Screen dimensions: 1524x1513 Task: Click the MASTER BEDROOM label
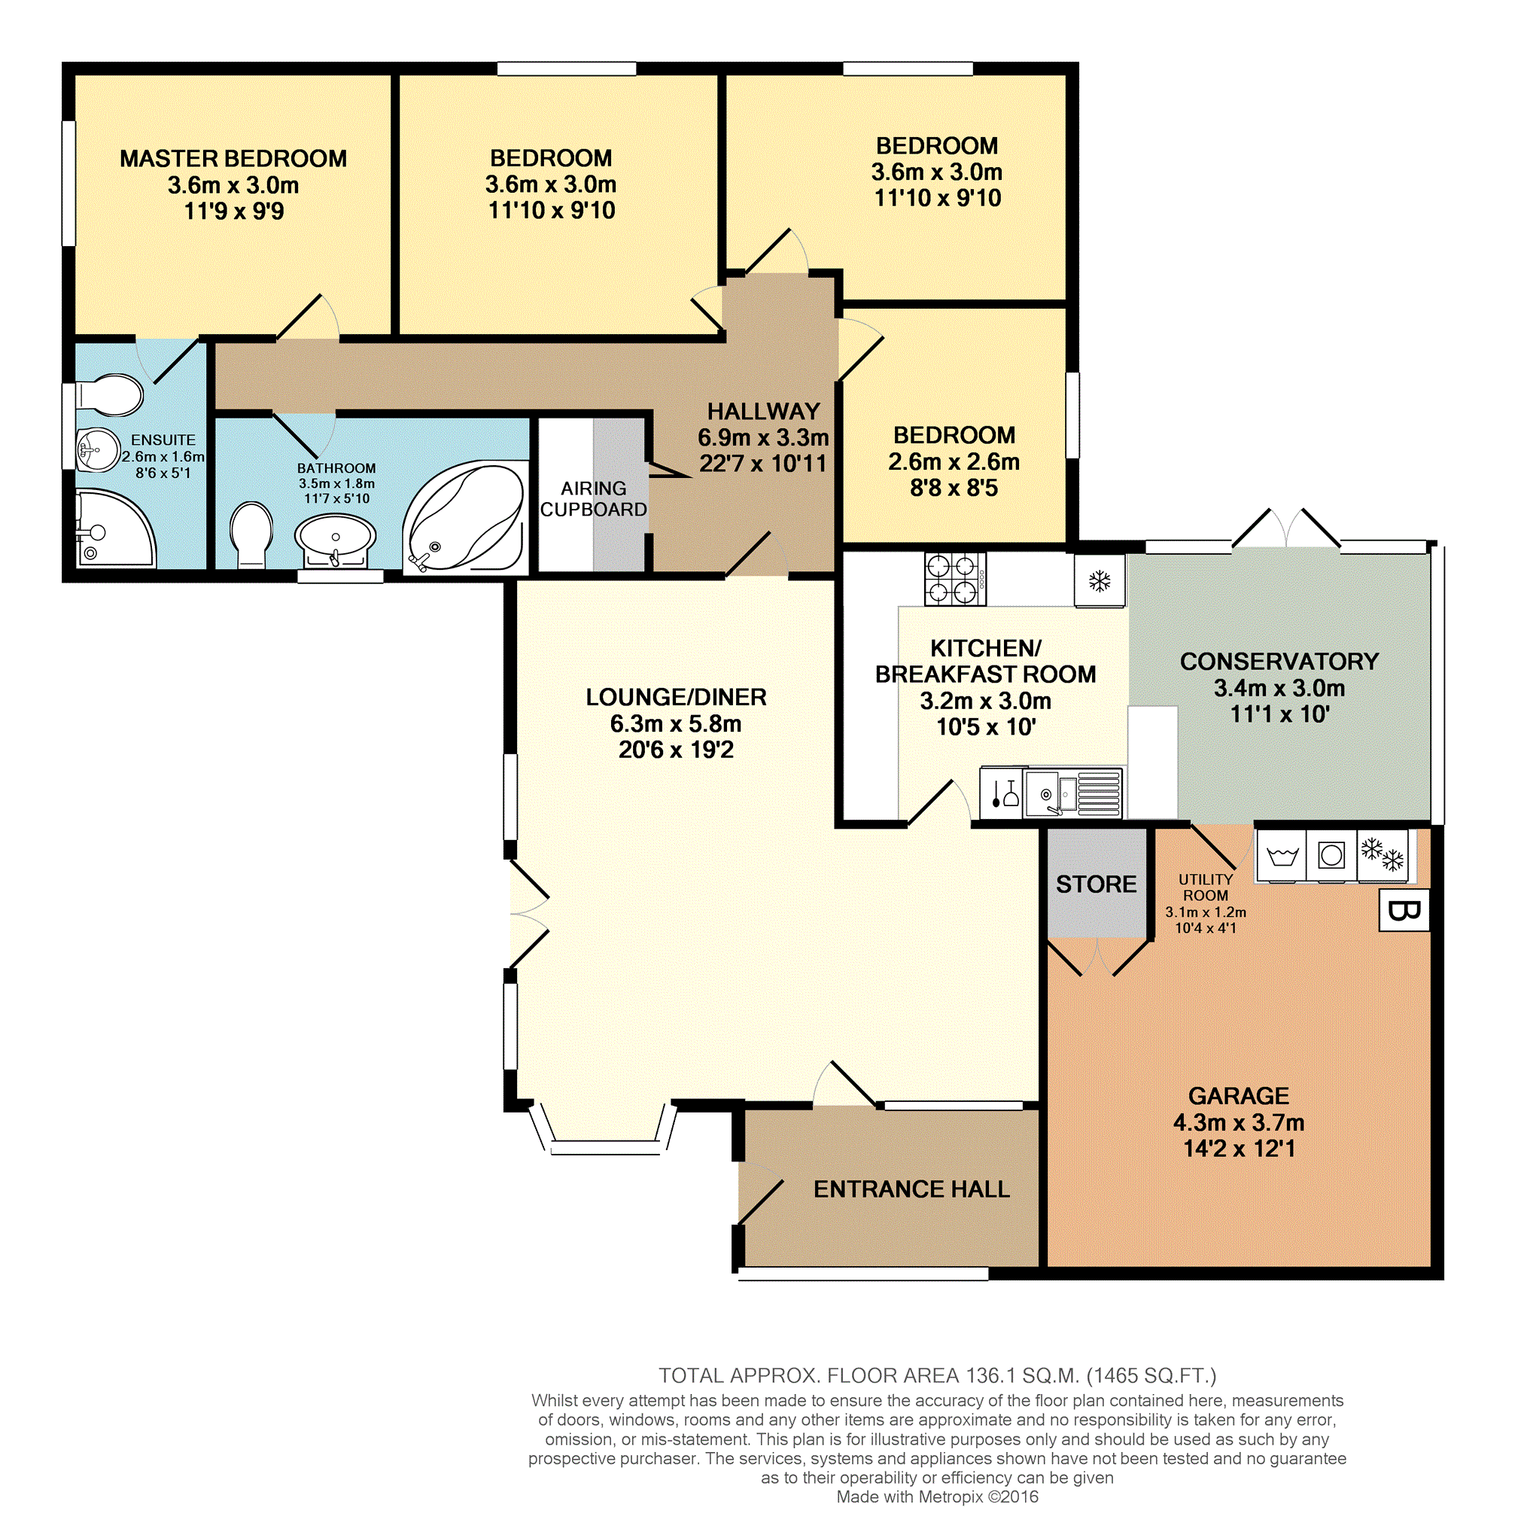click(x=233, y=159)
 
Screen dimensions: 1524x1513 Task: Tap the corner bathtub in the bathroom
click(x=466, y=517)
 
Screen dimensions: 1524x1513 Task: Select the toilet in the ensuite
click(x=110, y=394)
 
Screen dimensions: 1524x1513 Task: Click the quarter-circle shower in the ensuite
click(x=114, y=528)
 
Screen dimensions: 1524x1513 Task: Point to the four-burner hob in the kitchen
click(x=955, y=579)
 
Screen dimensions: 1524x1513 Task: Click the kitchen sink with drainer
click(x=1072, y=793)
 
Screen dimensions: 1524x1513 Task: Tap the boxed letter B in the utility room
click(x=1404, y=911)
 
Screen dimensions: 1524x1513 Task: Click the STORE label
click(x=1097, y=884)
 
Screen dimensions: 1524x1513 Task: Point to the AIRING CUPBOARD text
click(x=593, y=499)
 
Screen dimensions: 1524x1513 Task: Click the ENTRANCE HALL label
click(x=911, y=1189)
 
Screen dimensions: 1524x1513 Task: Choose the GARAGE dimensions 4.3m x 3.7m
click(x=1239, y=1122)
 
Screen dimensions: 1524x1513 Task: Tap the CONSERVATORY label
click(x=1279, y=661)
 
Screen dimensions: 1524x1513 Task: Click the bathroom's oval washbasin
click(x=335, y=540)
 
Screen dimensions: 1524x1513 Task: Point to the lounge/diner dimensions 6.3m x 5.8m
click(x=675, y=723)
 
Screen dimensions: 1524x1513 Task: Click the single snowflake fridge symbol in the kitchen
click(x=1100, y=581)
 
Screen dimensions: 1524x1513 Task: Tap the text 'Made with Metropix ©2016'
click(x=937, y=1496)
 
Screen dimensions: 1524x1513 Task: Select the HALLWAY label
click(x=764, y=411)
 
